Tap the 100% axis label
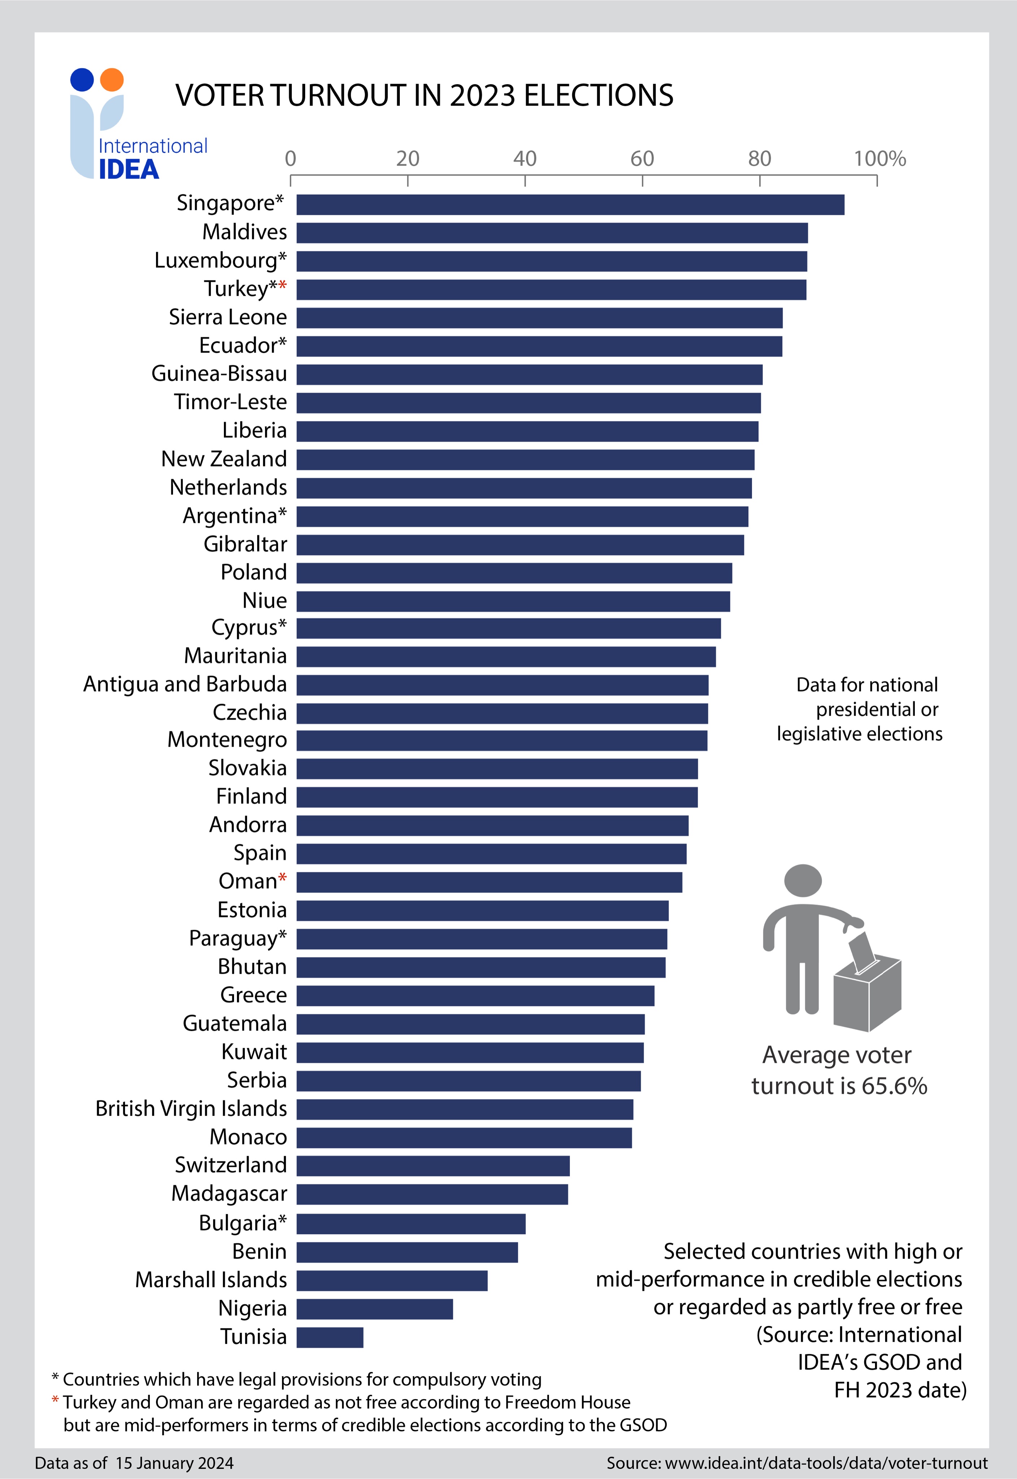click(x=879, y=159)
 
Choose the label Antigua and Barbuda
click(x=185, y=684)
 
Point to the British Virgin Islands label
click(x=191, y=1108)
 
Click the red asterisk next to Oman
click(x=283, y=879)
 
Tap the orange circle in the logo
click(x=112, y=79)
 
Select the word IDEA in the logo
click(x=129, y=169)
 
